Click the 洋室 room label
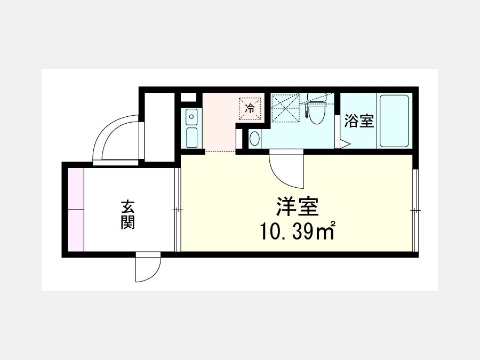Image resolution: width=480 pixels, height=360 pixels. pos(298,207)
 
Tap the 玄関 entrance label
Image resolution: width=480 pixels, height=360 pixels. pos(128,215)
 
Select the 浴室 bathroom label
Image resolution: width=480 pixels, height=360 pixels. pos(359,121)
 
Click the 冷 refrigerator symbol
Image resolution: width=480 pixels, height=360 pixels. pos(250,108)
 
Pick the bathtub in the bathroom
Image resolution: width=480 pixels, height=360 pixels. pos(394,121)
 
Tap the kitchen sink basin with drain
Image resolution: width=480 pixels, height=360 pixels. pos(191,117)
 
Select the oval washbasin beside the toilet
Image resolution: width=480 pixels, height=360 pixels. pos(254,139)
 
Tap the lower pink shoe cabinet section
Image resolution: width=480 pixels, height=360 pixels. pos(76,230)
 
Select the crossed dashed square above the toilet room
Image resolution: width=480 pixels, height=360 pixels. pos(285,107)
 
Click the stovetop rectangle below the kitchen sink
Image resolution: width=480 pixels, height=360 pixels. pos(191,138)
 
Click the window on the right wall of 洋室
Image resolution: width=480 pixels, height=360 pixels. pos(415,210)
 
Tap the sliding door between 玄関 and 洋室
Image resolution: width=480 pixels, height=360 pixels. pos(178,210)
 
